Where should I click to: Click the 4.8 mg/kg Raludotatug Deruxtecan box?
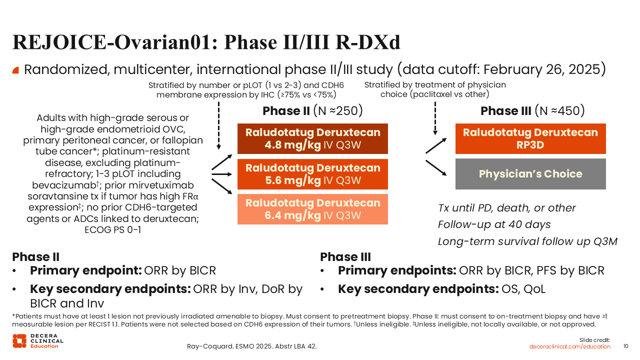click(312, 139)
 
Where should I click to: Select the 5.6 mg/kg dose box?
click(312, 174)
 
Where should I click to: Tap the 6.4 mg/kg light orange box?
click(312, 209)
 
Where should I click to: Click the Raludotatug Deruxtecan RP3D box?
click(530, 139)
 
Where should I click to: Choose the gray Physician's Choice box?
click(530, 174)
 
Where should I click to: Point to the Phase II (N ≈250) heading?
click(312, 111)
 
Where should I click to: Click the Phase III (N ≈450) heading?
click(532, 111)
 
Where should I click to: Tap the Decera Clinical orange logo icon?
click(19, 341)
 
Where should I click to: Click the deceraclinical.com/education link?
click(569, 346)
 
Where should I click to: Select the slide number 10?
click(625, 346)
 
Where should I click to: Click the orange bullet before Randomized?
click(15, 70)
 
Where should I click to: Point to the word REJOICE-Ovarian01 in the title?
click(112, 42)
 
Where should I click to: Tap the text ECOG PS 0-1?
click(113, 229)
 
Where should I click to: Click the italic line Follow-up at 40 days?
click(494, 224)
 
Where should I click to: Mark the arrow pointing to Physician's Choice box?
click(436, 167)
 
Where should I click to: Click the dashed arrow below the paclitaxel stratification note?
click(435, 118)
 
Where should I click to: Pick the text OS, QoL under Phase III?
click(523, 289)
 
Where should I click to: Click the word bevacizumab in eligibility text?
click(65, 185)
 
